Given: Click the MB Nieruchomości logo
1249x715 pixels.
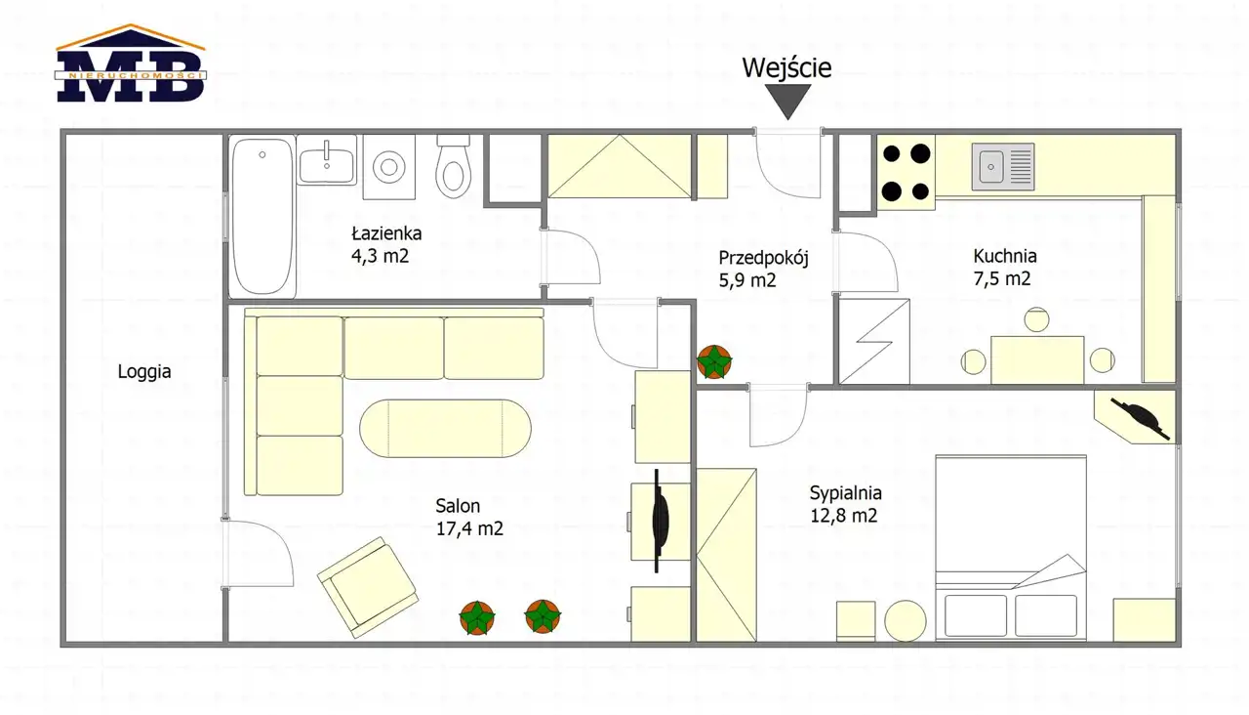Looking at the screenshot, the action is coord(131,63).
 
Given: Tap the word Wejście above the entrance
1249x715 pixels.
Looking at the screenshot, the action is coord(786,67).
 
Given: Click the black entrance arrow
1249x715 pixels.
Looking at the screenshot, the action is coord(787,102).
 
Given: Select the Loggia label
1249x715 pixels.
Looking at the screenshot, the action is coord(144,372).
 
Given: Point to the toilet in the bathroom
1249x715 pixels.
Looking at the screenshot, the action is coord(453,167).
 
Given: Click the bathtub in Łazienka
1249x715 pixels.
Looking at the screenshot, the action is coord(262,216).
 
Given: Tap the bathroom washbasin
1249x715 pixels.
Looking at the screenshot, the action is coord(327,159).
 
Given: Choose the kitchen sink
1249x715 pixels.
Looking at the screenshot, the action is coord(1003,166).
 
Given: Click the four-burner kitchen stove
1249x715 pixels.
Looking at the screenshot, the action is coord(907,172).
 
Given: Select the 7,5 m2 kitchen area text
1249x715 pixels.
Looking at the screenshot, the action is coord(1002,278).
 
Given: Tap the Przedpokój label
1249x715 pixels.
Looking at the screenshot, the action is coord(763,258).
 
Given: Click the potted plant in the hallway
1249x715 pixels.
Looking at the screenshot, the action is coord(714,362).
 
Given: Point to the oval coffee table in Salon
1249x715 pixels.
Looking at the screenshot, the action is coord(445,429).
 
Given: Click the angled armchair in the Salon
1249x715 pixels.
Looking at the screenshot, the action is coord(368,587).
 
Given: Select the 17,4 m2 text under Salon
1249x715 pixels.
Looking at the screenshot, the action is coord(469,528).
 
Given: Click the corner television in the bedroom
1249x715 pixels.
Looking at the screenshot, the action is coord(1141,420).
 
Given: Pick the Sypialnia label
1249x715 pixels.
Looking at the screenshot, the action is coord(846,493).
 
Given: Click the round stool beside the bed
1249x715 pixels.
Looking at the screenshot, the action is coord(905,620).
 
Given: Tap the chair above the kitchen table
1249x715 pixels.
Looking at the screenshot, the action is coord(1036,319).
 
